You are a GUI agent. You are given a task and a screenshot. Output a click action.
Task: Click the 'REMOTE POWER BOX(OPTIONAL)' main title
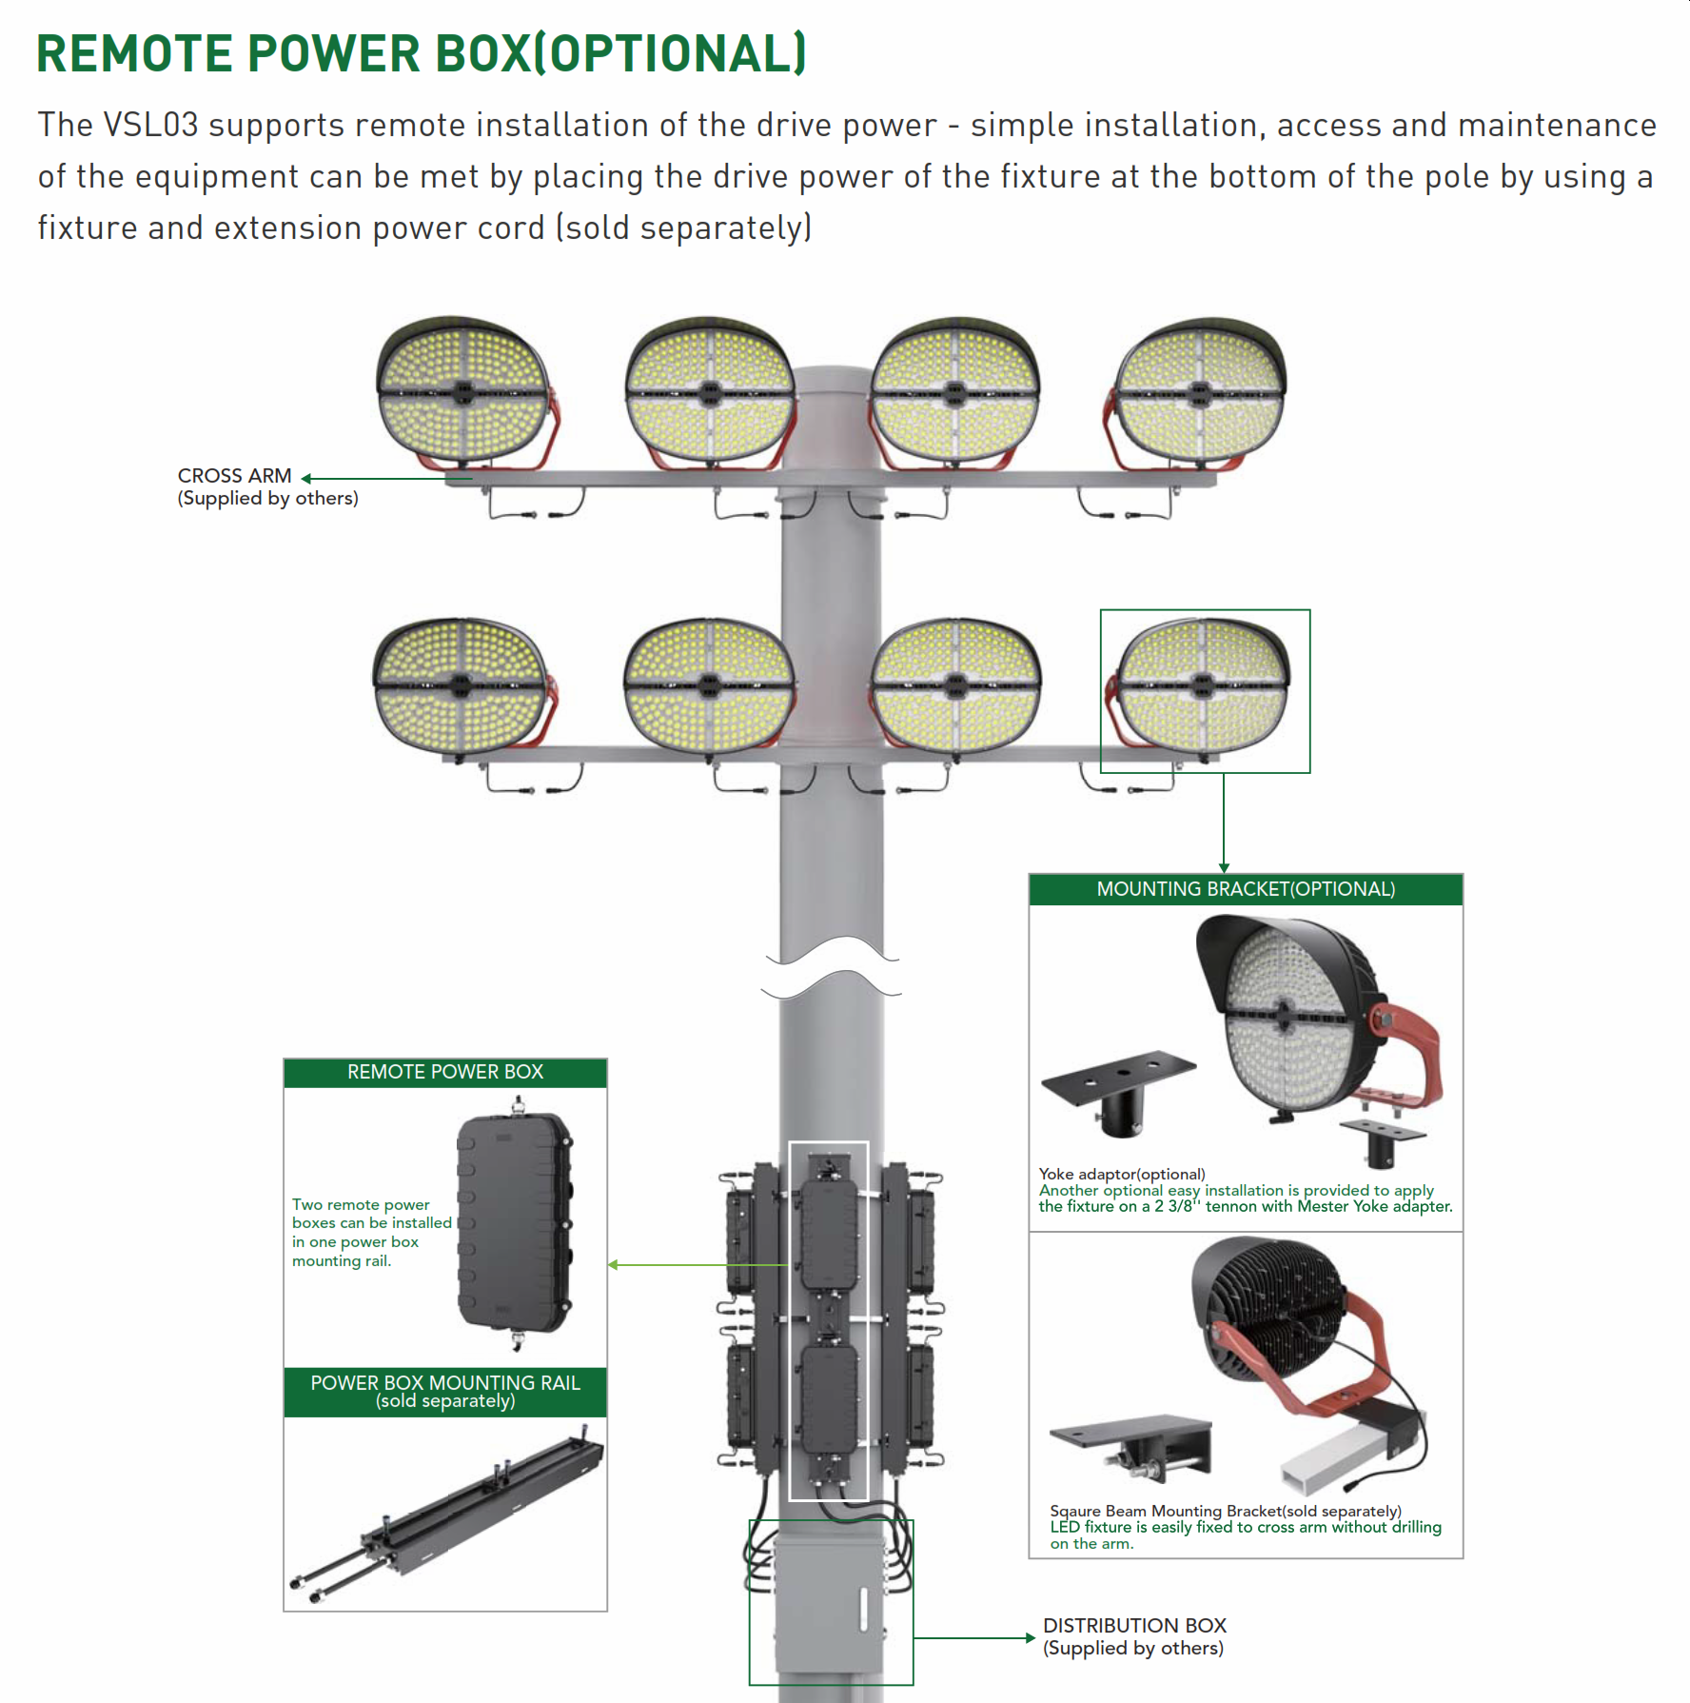tap(421, 53)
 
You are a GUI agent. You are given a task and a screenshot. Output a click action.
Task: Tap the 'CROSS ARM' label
tap(234, 476)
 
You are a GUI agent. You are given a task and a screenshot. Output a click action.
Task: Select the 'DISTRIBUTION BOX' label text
tap(1134, 1625)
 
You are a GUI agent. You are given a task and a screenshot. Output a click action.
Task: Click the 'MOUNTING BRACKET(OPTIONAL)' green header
tap(1246, 889)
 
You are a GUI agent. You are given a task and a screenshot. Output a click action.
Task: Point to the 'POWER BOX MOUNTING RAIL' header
tap(444, 1383)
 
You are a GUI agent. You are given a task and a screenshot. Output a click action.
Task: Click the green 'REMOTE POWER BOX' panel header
tap(444, 1072)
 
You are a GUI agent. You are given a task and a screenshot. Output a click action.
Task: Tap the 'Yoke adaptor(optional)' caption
tap(1122, 1174)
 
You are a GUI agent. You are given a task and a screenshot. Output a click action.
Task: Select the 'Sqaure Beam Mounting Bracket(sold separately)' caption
tap(1225, 1511)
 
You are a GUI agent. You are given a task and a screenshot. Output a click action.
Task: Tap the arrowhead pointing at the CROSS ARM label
tap(306, 479)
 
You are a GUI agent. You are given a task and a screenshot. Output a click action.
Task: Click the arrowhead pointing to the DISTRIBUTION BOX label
tap(1030, 1638)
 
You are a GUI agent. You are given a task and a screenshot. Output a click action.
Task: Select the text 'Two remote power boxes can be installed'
tap(371, 1214)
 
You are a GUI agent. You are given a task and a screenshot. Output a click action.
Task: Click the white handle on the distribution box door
tap(864, 1609)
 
